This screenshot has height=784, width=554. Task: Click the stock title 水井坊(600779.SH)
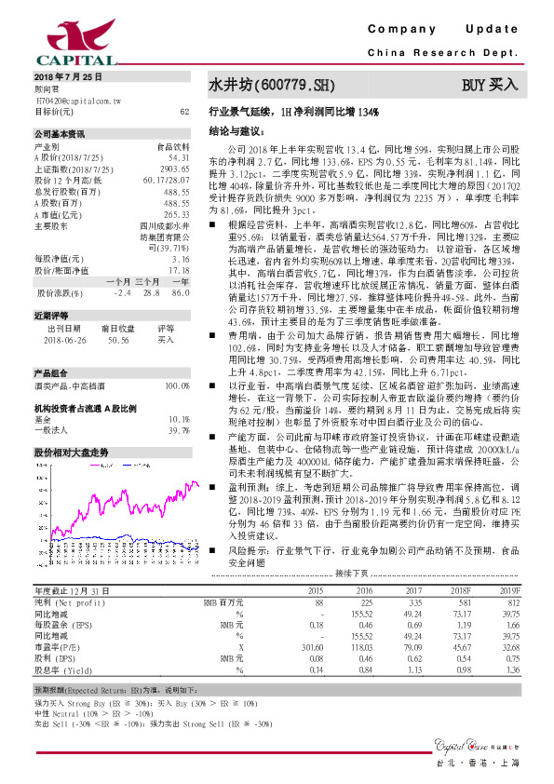point(271,86)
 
